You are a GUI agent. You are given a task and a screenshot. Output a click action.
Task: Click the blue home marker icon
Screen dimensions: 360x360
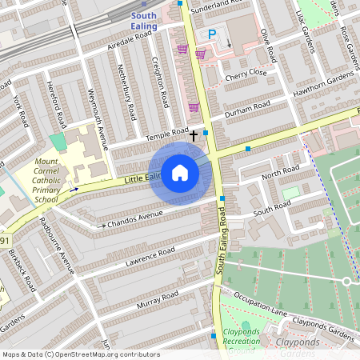[180, 174]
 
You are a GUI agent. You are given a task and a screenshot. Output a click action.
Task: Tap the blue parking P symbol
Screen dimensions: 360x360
[212, 34]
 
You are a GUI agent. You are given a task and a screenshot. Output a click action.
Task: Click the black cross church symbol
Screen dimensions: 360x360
[193, 136]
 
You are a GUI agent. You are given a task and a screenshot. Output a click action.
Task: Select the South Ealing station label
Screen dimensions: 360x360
[144, 20]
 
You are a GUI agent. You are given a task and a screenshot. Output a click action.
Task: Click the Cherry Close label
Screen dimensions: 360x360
[246, 74]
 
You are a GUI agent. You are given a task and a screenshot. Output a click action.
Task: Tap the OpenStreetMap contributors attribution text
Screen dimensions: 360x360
[80, 354]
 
